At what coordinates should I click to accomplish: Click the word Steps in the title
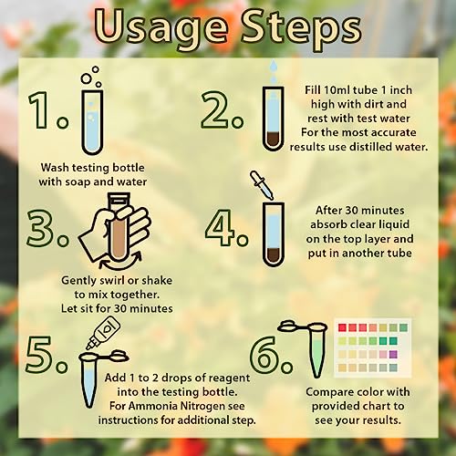pos(301,29)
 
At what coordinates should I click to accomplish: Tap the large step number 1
pos(39,109)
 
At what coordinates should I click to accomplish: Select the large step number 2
pos(215,109)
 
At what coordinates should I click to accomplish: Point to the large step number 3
pos(41,227)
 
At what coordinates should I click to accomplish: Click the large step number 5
pos(39,355)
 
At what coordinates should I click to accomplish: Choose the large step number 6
pos(264,355)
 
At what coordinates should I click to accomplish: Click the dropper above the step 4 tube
pos(262,185)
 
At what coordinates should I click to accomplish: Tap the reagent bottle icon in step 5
pos(103,332)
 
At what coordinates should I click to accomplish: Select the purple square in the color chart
pos(393,354)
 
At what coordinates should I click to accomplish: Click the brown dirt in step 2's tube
pos(274,140)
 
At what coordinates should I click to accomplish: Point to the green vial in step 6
pos(316,354)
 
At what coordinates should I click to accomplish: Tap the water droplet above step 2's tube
pos(274,66)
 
